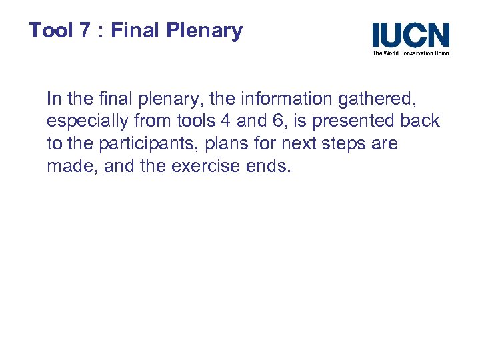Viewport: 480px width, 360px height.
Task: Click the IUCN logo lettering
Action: pyautogui.click(x=411, y=35)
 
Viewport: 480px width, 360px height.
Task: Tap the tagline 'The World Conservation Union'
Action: pyautogui.click(x=411, y=53)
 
